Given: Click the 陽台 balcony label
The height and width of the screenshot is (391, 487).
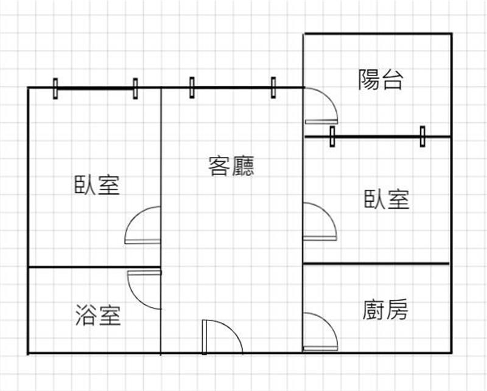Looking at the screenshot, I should pyautogui.click(x=380, y=80).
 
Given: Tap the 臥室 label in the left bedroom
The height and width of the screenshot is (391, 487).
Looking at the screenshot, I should pyautogui.click(x=97, y=184).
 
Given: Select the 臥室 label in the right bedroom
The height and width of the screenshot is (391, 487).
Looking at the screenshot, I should pyautogui.click(x=387, y=199).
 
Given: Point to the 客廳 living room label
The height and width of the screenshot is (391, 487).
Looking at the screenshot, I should pyautogui.click(x=231, y=165).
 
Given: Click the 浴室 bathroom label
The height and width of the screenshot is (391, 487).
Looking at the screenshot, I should pyautogui.click(x=98, y=315).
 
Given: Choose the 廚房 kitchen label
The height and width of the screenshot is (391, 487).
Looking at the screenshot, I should pyautogui.click(x=385, y=310).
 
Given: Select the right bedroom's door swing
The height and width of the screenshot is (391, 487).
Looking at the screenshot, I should pyautogui.click(x=320, y=221).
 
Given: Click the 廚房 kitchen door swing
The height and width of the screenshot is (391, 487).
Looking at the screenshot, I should pyautogui.click(x=320, y=332).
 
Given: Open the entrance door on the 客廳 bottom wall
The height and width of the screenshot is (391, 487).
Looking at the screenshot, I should pyautogui.click(x=222, y=336).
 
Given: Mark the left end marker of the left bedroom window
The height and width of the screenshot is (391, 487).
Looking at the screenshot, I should pyautogui.click(x=55, y=88).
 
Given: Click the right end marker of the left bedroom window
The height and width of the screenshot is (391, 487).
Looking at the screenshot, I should pyautogui.click(x=135, y=88).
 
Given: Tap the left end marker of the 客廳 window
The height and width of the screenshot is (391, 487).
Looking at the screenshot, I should pyautogui.click(x=192, y=87).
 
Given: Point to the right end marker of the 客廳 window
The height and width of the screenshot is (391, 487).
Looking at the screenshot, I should pyautogui.click(x=273, y=87).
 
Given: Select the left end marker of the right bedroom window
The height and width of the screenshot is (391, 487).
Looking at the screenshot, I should pyautogui.click(x=332, y=136).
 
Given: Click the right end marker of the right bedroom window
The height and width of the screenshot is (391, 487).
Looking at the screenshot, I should pyautogui.click(x=422, y=136).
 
